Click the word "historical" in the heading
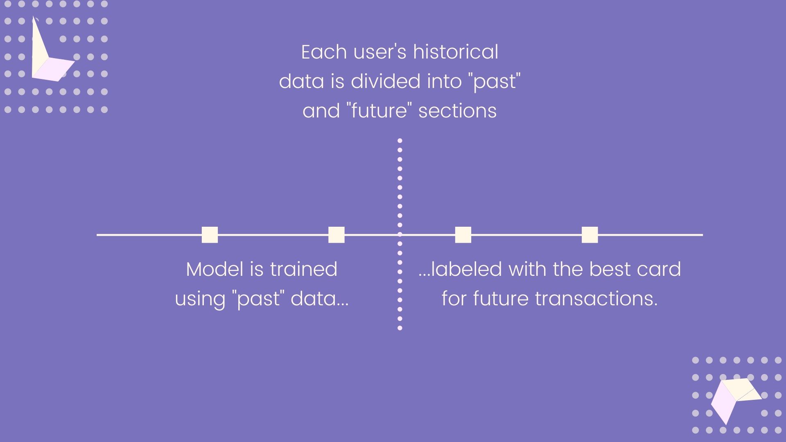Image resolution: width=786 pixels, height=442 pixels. click(x=455, y=52)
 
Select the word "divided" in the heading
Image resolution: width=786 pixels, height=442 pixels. click(x=386, y=81)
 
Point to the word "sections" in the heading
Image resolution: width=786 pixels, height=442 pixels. click(x=457, y=111)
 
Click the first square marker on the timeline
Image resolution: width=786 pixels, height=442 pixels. click(x=210, y=235)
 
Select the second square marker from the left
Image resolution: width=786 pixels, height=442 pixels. click(x=336, y=235)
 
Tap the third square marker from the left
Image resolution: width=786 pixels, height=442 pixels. click(x=463, y=235)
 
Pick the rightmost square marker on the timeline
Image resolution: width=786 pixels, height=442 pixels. click(x=589, y=235)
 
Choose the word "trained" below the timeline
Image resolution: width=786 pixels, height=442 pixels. click(x=303, y=269)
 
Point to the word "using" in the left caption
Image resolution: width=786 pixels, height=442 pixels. click(x=200, y=299)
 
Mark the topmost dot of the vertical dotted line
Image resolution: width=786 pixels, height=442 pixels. click(x=400, y=140)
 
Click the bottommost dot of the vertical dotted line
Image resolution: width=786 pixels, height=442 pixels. click(x=400, y=328)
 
